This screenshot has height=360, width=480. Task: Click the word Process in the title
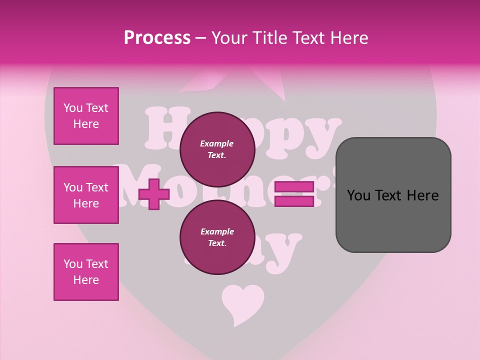click(x=157, y=38)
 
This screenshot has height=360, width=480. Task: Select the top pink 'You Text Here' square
click(x=86, y=116)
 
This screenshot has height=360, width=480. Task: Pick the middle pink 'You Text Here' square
click(x=86, y=195)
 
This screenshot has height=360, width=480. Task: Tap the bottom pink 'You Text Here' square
click(x=86, y=272)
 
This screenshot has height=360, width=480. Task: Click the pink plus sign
click(x=154, y=194)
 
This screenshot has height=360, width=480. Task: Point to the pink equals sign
click(x=294, y=194)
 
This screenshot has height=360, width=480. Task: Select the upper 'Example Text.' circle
click(x=217, y=149)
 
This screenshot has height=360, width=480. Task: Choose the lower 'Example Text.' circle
click(x=217, y=237)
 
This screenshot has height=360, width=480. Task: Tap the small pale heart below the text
click(x=242, y=302)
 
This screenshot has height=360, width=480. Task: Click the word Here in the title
click(x=350, y=38)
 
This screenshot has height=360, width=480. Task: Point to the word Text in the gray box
click(x=391, y=195)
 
